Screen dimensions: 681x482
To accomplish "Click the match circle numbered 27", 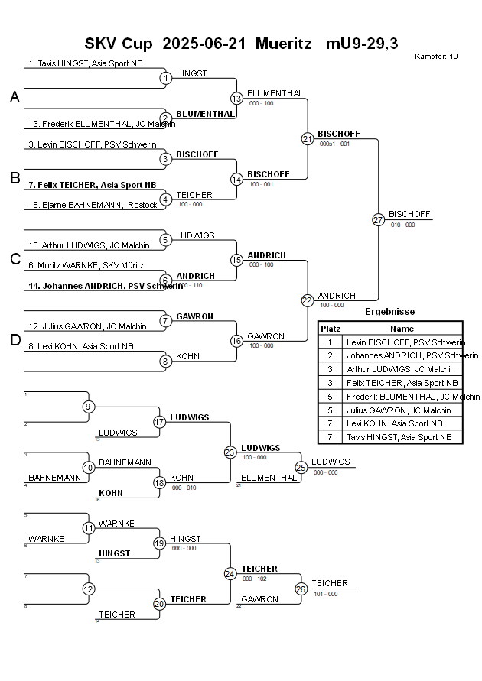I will (x=378, y=219).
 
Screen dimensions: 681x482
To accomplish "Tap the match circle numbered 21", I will (x=307, y=138).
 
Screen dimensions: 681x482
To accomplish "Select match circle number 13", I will (x=236, y=98).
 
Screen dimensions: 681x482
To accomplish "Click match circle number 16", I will (x=236, y=341).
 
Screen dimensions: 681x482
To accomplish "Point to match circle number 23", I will (x=230, y=452).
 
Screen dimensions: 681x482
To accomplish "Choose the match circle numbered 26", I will (x=301, y=589).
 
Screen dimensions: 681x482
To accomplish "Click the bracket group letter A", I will (x=15, y=97).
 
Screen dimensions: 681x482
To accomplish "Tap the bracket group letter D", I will (x=15, y=341).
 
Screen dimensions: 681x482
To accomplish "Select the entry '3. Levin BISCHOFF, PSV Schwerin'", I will (x=92, y=144).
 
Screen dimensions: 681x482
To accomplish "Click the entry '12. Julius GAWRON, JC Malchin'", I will (x=87, y=326).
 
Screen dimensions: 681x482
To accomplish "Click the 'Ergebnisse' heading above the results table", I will (x=389, y=312).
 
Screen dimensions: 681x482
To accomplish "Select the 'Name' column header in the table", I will (x=402, y=328).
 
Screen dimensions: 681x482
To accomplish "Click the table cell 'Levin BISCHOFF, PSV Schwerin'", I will (x=405, y=342).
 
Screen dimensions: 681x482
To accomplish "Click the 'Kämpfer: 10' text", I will (x=436, y=56).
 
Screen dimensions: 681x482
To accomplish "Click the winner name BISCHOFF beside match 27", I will (x=409, y=214).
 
